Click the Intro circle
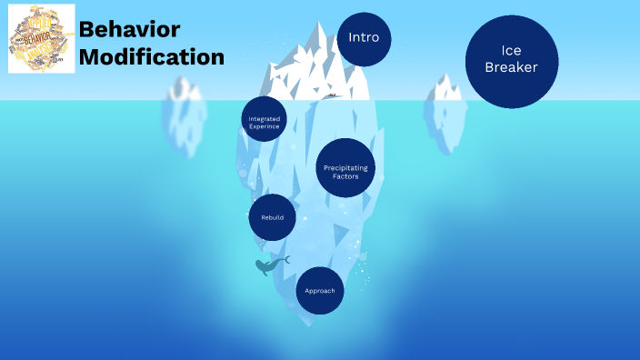tap(364, 38)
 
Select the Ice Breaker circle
tap(511, 61)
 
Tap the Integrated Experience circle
tap(265, 119)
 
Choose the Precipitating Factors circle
tap(345, 168)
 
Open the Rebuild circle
tap(272, 217)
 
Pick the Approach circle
tap(320, 290)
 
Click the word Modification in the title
tap(151, 56)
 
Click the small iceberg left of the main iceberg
tap(185, 114)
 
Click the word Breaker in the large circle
tap(511, 68)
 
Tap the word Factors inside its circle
tap(345, 176)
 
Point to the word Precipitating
tap(345, 167)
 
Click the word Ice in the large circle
tap(511, 51)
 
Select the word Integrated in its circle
tap(265, 119)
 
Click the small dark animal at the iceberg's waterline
tap(333, 95)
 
